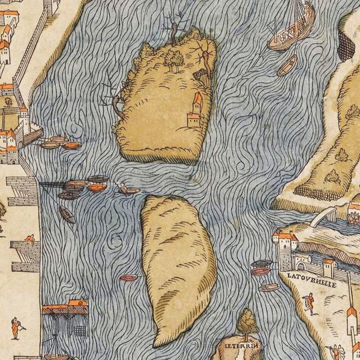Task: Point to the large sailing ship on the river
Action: click(291, 30)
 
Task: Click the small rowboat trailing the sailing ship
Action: click(288, 65)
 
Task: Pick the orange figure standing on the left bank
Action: click(15, 329)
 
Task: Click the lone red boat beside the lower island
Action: click(129, 277)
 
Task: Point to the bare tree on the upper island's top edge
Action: click(174, 30)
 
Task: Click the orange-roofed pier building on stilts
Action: click(64, 314)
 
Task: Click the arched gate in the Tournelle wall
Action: click(289, 260)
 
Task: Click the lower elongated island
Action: click(177, 267)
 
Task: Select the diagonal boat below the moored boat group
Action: click(66, 214)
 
